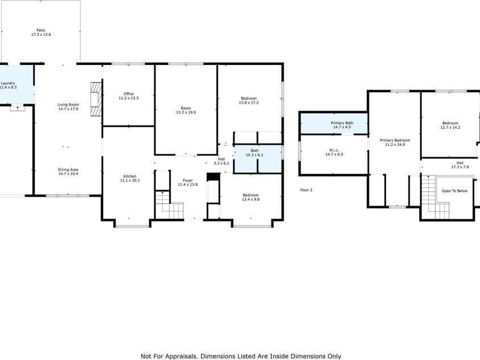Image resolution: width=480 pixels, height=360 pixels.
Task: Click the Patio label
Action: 41,32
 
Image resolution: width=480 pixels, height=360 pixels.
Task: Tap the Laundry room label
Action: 8,85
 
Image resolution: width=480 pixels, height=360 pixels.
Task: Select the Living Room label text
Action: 68,107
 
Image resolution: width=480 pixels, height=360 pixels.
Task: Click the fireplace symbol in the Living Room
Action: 95,100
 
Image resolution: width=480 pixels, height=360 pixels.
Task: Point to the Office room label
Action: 128,96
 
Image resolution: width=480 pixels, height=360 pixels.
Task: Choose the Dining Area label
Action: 68,171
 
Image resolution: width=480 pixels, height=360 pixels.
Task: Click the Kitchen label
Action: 128,178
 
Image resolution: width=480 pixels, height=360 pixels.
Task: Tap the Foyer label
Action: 186,182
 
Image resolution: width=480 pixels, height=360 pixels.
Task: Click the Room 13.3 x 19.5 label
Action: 186,110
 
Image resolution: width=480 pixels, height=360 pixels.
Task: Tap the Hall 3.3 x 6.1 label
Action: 221,161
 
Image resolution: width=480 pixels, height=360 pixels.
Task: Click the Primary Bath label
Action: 342,125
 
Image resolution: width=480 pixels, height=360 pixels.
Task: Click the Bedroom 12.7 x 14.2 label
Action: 450,125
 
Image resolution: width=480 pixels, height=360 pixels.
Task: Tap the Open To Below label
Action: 454,191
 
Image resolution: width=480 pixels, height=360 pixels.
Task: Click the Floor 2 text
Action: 306,190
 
